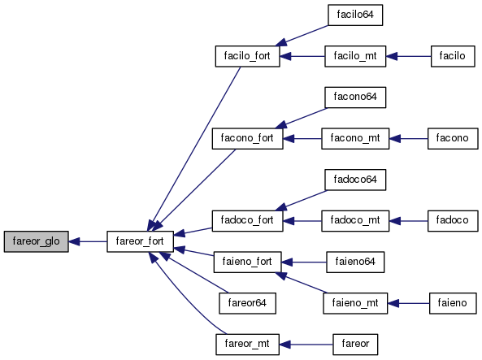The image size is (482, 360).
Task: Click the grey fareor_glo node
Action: (37, 241)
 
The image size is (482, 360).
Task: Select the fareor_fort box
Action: (140, 241)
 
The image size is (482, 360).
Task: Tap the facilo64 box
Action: (355, 15)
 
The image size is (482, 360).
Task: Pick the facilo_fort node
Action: (247, 56)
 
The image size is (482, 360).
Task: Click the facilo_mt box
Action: (355, 56)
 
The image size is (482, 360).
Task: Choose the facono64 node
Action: (355, 98)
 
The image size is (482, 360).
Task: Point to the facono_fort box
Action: (247, 139)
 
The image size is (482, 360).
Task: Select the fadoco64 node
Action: (355, 180)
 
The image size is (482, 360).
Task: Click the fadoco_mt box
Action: (355, 221)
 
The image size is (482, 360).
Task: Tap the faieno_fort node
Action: (247, 262)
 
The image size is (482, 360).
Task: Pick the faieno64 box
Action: (355, 262)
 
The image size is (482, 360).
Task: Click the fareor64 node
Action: (247, 303)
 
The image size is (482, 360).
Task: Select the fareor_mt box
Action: (247, 345)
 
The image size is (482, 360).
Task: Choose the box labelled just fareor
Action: (355, 345)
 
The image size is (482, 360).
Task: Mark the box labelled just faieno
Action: (453, 303)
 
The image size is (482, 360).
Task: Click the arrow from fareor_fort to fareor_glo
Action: (88, 241)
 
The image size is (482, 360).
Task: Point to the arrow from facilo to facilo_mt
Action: (409, 56)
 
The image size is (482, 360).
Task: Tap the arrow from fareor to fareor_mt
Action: (306, 345)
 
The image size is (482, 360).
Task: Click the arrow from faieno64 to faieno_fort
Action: (304, 262)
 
